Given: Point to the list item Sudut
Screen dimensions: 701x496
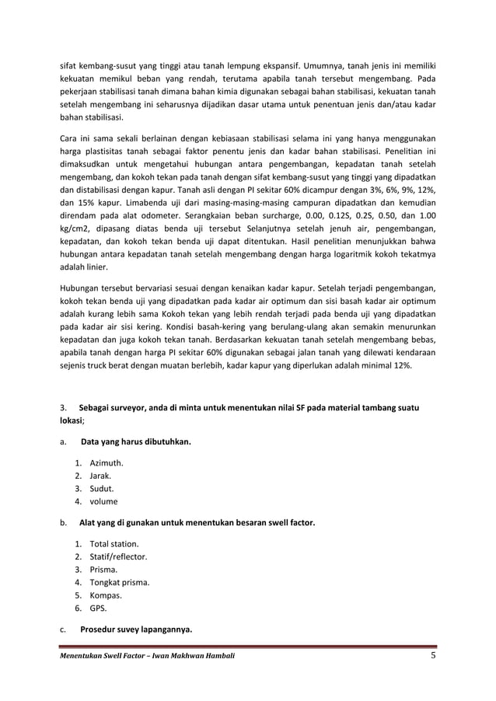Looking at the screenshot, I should [x=101, y=489].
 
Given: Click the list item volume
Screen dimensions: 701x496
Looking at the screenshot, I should [x=103, y=501].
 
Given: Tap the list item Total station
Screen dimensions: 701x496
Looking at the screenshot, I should [x=114, y=544].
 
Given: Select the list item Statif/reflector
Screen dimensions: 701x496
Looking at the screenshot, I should [x=118, y=557].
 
